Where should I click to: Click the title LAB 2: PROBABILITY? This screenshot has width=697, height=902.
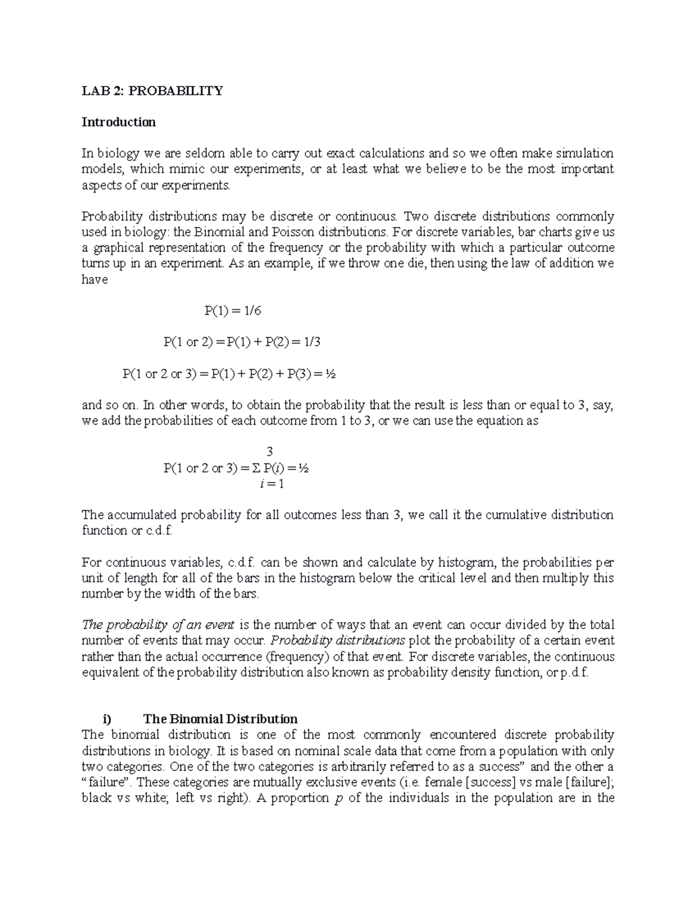[x=152, y=91]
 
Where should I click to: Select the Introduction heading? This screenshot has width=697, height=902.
[x=118, y=122]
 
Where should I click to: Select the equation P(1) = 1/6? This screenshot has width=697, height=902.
[x=233, y=311]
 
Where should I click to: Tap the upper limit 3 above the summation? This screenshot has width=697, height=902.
[x=269, y=452]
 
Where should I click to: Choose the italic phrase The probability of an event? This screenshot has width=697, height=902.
[x=158, y=625]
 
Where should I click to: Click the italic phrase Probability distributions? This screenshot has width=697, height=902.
[x=338, y=641]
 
